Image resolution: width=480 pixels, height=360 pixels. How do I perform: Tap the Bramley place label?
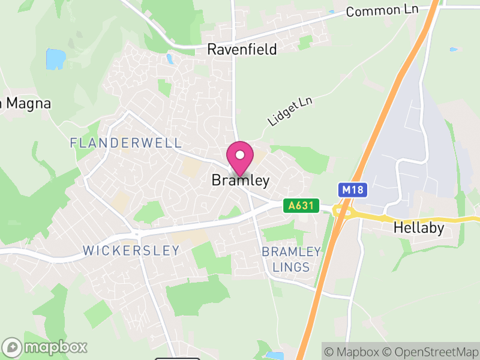pos(240,181)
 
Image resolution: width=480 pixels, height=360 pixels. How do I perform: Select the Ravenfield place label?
pos(242,49)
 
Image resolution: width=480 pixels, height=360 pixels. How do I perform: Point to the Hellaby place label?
pos(419,228)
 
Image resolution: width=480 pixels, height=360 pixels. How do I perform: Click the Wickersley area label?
pos(131,250)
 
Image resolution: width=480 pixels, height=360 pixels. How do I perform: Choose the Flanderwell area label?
pos(125,143)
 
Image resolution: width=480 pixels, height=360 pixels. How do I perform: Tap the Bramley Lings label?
pos(286,259)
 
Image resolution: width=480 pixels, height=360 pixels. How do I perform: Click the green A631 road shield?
pos(301,206)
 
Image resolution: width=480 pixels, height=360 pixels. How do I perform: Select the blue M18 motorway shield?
pos(352,190)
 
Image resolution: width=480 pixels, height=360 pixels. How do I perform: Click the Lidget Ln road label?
pos(290,112)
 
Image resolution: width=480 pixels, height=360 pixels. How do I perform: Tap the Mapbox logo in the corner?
pos(45,347)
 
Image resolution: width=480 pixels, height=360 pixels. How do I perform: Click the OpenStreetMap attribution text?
pos(431,351)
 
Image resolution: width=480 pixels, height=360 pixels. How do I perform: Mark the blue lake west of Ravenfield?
pos(56,59)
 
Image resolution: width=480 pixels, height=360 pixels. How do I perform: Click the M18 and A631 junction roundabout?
pos(343,211)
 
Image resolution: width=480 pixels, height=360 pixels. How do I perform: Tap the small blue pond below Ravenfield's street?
pos(170,59)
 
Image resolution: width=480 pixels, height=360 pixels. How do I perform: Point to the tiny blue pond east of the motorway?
pos(454,49)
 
